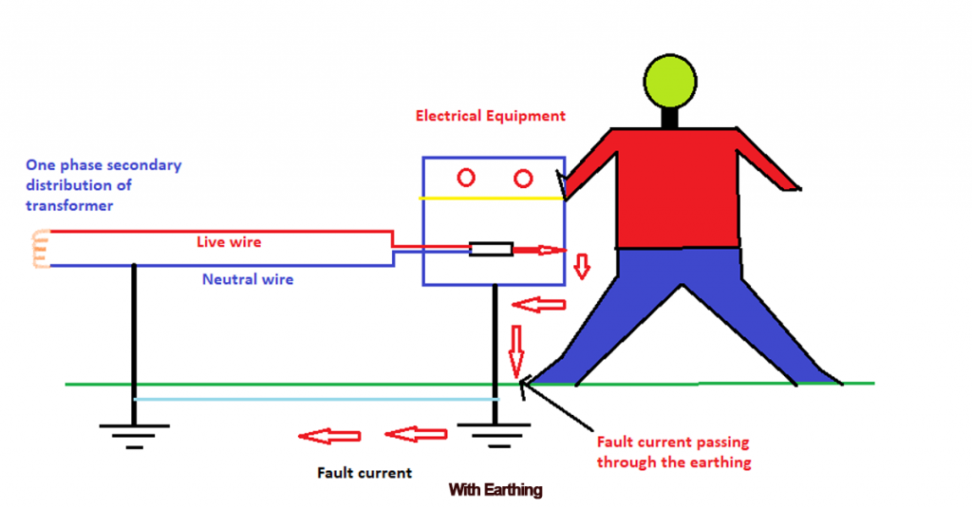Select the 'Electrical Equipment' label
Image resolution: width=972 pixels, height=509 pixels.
point(491,116)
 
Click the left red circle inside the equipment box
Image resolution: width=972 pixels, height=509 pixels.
point(466,178)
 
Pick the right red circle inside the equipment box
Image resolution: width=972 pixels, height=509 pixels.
point(521,178)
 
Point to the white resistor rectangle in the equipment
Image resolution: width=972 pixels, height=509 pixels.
point(492,250)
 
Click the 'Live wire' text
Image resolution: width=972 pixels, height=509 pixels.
point(228,242)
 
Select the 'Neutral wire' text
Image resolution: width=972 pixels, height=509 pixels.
point(248,279)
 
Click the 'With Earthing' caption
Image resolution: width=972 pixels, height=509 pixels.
point(495,490)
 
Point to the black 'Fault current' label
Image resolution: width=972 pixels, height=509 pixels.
point(364,472)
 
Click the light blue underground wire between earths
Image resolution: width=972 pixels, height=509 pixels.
point(313,400)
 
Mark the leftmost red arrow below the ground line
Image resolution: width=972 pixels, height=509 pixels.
point(329,436)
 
